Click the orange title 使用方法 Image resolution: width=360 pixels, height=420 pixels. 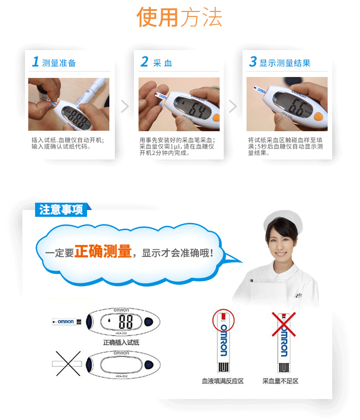(180, 17)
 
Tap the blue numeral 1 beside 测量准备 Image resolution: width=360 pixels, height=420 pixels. (36, 61)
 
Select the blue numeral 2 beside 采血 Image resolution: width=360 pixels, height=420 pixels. (144, 61)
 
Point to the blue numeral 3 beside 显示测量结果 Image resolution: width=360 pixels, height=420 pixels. (253, 61)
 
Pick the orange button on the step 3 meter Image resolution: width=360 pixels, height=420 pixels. (318, 117)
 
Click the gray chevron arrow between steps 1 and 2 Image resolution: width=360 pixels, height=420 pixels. (125, 106)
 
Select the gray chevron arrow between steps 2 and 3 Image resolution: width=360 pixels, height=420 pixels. (233, 106)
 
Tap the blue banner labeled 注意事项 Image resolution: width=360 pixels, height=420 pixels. (62, 210)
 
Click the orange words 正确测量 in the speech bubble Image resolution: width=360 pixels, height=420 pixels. (103, 251)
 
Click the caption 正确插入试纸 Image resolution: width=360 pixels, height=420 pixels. (121, 343)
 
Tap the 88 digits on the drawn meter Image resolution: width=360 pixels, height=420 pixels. (126, 322)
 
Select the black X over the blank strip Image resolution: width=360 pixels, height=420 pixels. (68, 364)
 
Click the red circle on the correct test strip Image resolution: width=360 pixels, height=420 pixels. (223, 321)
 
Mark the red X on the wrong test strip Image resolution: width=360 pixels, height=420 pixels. (283, 324)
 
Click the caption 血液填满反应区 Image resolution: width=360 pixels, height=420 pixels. (223, 381)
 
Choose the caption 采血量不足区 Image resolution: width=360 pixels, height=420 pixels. (280, 381)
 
